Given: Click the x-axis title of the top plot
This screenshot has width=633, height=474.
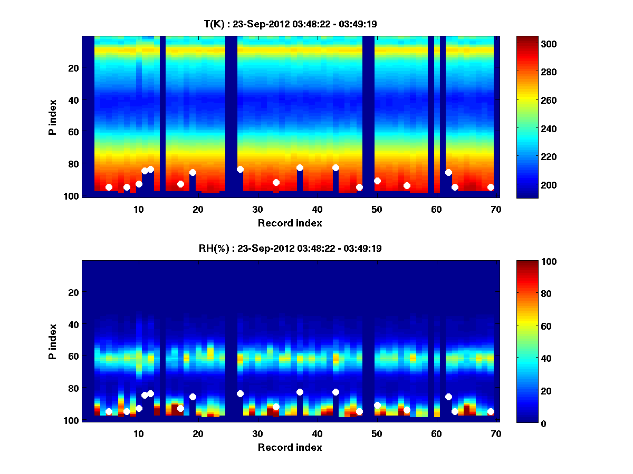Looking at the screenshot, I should point(290,223).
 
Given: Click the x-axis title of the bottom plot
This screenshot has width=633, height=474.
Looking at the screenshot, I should point(290,447).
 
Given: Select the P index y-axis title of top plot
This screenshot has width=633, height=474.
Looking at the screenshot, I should point(53,117).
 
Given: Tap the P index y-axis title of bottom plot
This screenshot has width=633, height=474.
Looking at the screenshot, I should point(53,341).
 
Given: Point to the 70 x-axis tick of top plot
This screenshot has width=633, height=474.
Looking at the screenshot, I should point(496,209).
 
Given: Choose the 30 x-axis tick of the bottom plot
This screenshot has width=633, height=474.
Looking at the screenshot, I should point(257,433).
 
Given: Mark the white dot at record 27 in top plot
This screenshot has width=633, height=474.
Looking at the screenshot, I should point(240,169).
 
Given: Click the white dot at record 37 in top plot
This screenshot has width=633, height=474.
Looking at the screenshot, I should point(300,167).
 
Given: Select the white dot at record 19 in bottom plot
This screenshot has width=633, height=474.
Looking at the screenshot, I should point(193,397).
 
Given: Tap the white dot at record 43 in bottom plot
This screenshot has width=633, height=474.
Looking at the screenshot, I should point(335,392).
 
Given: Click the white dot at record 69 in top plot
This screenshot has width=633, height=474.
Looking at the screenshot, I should point(491,187).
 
